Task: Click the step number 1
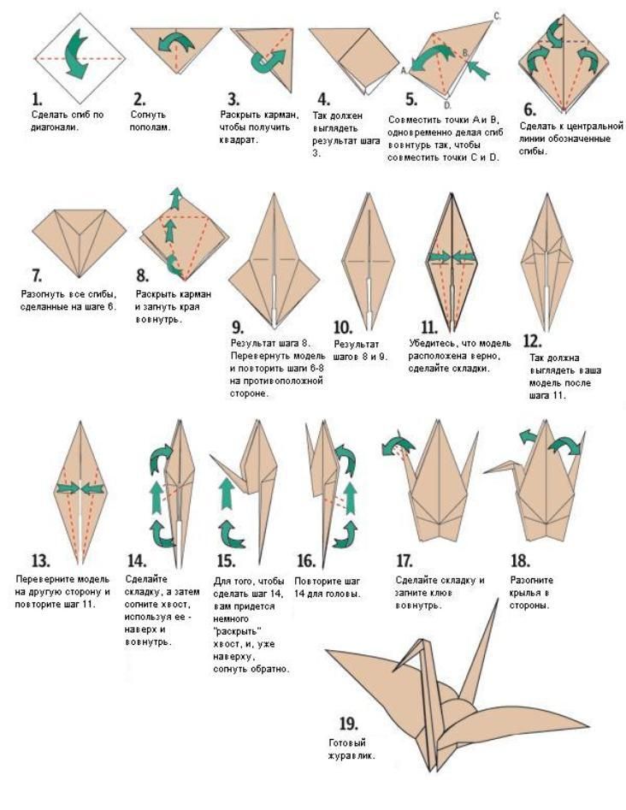37,99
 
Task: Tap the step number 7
37,275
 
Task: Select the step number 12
532,341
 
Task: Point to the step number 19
348,724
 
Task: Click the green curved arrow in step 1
76,54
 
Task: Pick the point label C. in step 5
497,16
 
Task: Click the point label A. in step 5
405,70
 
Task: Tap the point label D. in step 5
448,105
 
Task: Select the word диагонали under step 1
55,127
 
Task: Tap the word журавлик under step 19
351,756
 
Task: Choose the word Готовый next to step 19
347,742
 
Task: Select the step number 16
306,560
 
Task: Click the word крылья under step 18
525,593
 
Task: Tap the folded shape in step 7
79,242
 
